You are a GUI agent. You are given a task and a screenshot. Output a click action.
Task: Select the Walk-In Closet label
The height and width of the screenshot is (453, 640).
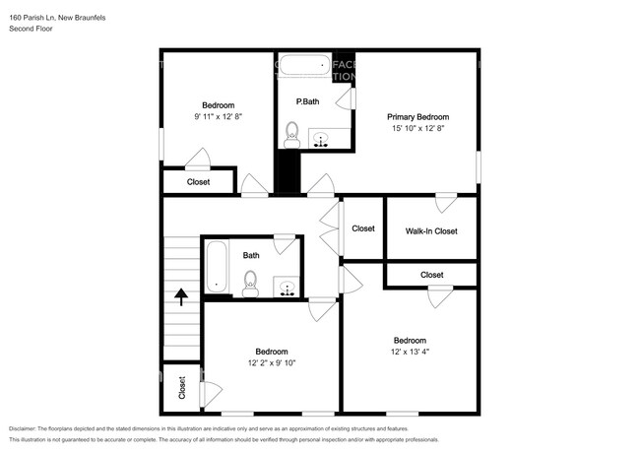(431, 231)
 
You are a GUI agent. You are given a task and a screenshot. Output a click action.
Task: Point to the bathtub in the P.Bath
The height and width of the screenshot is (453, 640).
(303, 68)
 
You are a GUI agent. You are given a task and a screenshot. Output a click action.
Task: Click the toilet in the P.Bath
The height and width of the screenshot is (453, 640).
(291, 133)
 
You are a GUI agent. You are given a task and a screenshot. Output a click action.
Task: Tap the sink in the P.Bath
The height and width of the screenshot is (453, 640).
(321, 139)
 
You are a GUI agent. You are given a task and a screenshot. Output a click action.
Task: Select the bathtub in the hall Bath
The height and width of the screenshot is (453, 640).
(217, 268)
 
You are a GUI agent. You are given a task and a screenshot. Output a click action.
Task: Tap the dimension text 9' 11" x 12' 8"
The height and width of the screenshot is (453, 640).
(219, 116)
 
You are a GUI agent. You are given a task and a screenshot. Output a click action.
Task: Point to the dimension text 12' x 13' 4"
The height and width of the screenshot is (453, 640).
(410, 352)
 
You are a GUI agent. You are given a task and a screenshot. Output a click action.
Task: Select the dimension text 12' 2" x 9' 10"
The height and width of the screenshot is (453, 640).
(272, 362)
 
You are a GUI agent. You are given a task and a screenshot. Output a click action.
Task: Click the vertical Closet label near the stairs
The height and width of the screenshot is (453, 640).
(182, 387)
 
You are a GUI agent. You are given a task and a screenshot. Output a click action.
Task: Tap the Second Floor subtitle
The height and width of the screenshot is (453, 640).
(32, 30)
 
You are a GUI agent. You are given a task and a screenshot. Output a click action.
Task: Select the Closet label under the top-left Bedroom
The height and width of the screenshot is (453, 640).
(198, 181)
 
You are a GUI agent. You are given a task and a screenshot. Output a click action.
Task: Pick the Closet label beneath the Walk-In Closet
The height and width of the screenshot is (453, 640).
(431, 275)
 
